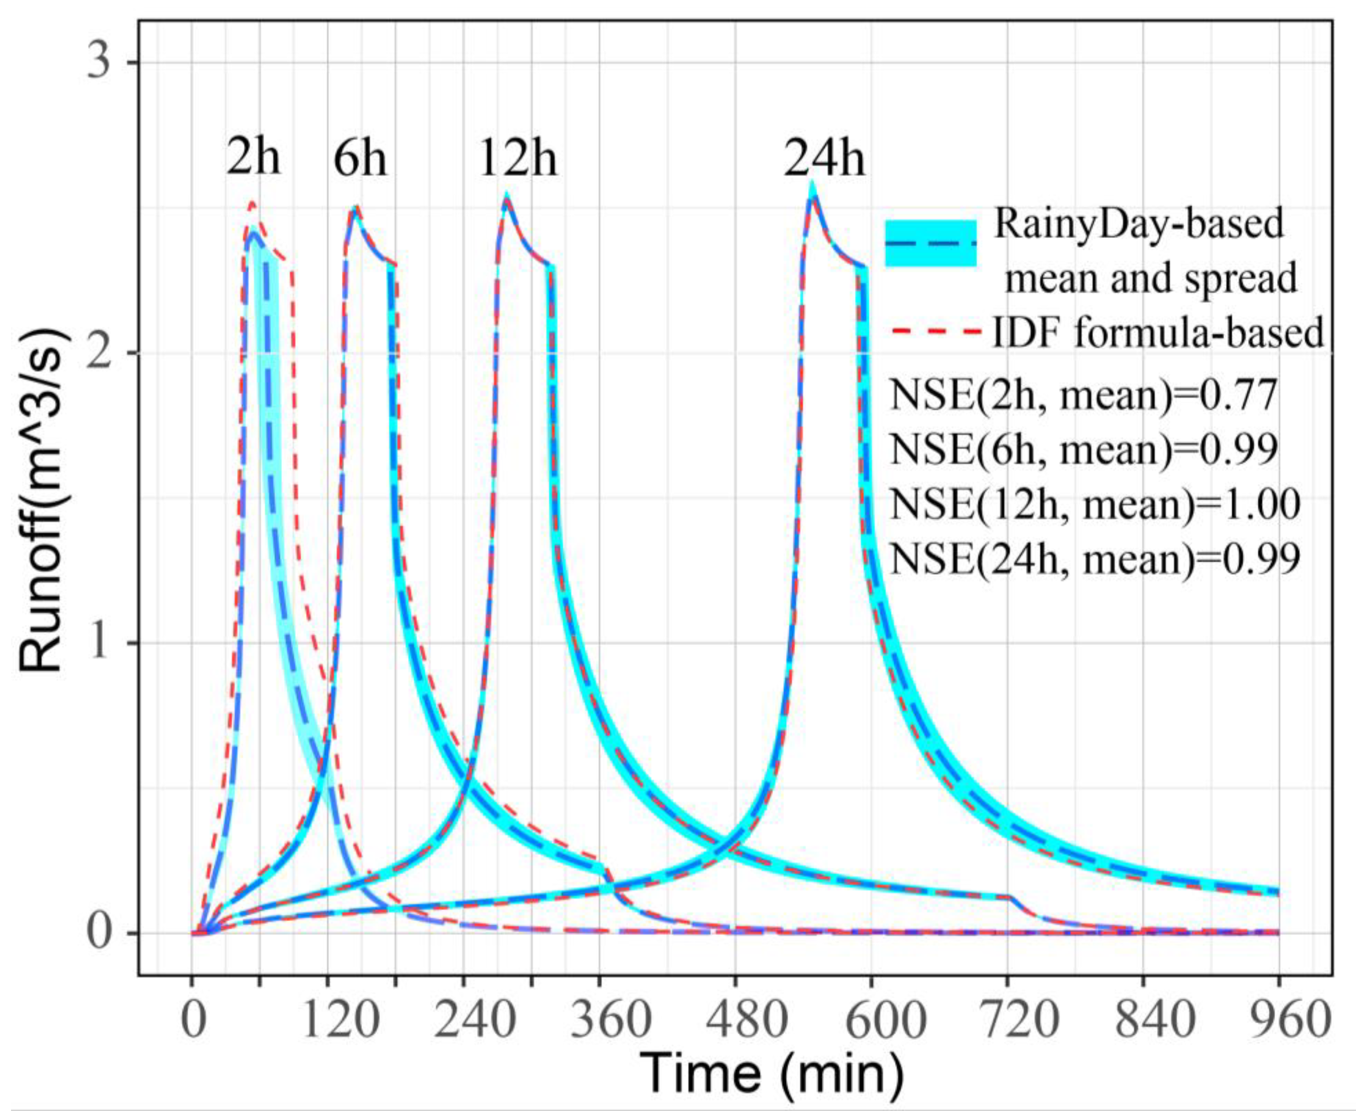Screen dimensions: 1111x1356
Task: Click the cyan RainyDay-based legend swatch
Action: [931, 243]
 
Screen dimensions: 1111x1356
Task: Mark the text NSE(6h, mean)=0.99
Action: [1084, 450]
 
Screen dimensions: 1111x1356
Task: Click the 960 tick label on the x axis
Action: [1278, 1020]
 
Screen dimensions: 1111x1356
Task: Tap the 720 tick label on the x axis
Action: [1006, 1020]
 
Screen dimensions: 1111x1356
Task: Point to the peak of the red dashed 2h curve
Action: [252, 203]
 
